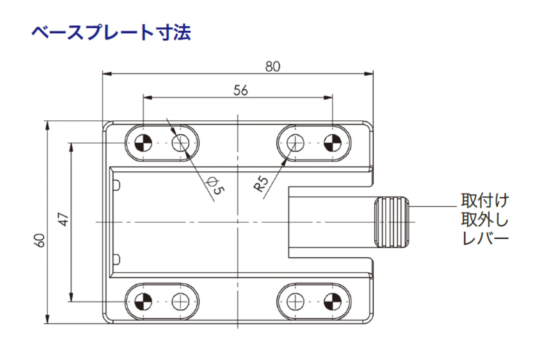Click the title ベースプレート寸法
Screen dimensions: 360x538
coord(111,33)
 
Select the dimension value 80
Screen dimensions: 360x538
coord(273,66)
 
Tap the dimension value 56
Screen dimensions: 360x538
coord(240,90)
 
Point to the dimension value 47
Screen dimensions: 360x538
coord(63,219)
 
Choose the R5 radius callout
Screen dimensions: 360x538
coord(261,185)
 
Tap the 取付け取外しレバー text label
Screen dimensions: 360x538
coord(485,220)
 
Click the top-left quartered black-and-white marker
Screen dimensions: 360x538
coord(143,143)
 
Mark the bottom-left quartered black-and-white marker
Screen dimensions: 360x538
coord(143,301)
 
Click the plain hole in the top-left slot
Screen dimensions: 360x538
coord(181,143)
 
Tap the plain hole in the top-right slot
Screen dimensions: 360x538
coord(295,143)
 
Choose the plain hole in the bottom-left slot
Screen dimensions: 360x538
coord(181,301)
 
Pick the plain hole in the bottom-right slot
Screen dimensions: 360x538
coord(295,301)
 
